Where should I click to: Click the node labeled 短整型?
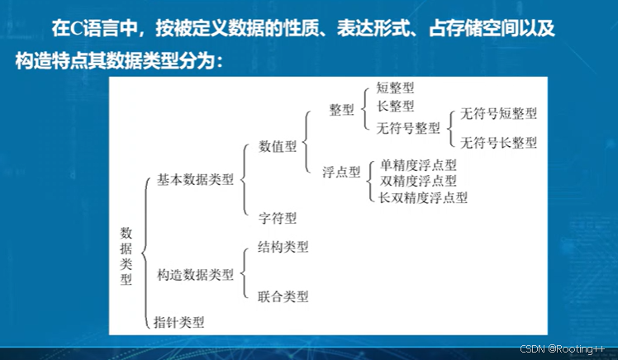[395, 88]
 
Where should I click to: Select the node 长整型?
[395, 107]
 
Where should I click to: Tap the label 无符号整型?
[408, 128]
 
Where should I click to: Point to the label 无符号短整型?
[499, 114]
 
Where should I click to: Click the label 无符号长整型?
[499, 143]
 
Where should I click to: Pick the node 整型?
[341, 110]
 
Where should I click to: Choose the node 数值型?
[278, 146]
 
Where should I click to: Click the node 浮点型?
[342, 172]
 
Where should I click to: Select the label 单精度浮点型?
[417, 164]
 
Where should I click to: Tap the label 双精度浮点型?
[417, 180]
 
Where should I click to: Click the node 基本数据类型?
[195, 179]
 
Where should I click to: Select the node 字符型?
[277, 218]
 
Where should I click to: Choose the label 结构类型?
[283, 247]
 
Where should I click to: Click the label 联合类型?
[283, 296]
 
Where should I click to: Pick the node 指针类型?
[179, 322]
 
